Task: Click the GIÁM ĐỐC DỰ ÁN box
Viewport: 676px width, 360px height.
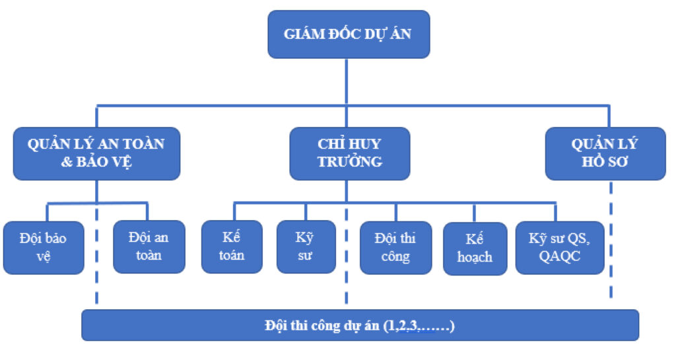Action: point(348,34)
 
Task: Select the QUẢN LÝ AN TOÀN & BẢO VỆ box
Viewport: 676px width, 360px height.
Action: point(96,153)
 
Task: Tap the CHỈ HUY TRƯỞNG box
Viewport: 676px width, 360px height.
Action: point(349,153)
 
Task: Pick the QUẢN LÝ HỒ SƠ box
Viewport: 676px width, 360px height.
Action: point(605,153)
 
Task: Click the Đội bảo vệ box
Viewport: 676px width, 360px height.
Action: point(44,247)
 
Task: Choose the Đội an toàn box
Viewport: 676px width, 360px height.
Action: point(149,246)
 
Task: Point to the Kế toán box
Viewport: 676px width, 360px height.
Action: point(232,246)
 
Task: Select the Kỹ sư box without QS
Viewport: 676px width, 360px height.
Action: point(306,246)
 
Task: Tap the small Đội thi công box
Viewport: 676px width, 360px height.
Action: point(395,247)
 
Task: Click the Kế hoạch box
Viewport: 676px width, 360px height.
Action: point(475,248)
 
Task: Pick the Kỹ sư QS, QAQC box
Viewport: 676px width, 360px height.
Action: point(560,247)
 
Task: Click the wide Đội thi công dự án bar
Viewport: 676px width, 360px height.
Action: point(360,325)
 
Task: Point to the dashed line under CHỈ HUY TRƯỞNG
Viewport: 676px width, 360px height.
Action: point(347,258)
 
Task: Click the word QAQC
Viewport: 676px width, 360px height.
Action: point(560,256)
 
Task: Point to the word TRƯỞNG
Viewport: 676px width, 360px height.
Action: point(349,162)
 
